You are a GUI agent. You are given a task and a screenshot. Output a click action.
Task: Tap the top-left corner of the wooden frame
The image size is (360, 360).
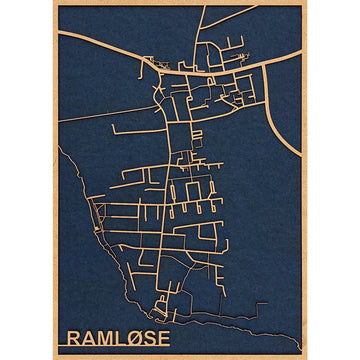point(54,3)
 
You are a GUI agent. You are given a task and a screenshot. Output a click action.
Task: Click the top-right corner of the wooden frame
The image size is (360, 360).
point(306,3)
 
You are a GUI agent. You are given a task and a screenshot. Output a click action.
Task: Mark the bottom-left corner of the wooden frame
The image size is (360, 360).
point(54,357)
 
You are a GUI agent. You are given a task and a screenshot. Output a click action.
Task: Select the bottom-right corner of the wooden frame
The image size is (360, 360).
point(306,357)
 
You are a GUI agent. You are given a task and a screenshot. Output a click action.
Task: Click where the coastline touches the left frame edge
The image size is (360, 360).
point(60,147)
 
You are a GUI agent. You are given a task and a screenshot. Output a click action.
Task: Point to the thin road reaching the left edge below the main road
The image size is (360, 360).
point(60,119)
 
